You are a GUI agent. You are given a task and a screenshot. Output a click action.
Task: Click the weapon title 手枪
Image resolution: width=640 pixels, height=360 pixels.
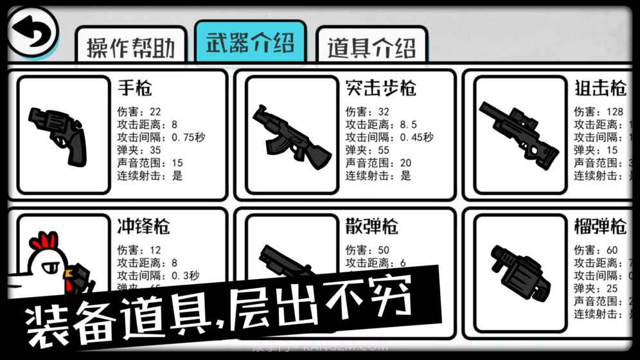[x=136, y=87]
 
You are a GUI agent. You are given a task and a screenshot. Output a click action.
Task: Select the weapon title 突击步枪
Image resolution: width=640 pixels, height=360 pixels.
[x=380, y=87]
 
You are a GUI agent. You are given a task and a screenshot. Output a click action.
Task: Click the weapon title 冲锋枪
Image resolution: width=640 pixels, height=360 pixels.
[x=144, y=226]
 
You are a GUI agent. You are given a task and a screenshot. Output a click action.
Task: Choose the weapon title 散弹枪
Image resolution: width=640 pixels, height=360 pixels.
[x=371, y=226]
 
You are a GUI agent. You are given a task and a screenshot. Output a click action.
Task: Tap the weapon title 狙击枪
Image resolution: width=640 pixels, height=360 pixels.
[x=600, y=87]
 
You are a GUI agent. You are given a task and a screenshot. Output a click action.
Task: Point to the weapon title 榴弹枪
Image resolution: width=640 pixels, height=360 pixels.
[x=600, y=226]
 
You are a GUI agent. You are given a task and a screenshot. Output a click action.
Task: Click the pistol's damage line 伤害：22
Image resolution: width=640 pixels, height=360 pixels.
[x=139, y=111]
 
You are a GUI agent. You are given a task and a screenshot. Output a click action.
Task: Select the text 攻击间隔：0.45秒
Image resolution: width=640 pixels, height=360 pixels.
[x=389, y=137]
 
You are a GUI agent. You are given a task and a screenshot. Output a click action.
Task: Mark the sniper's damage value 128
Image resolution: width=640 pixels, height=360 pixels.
[x=615, y=111]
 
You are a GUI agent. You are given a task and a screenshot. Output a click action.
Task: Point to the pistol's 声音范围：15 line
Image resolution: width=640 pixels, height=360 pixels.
[x=150, y=163]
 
